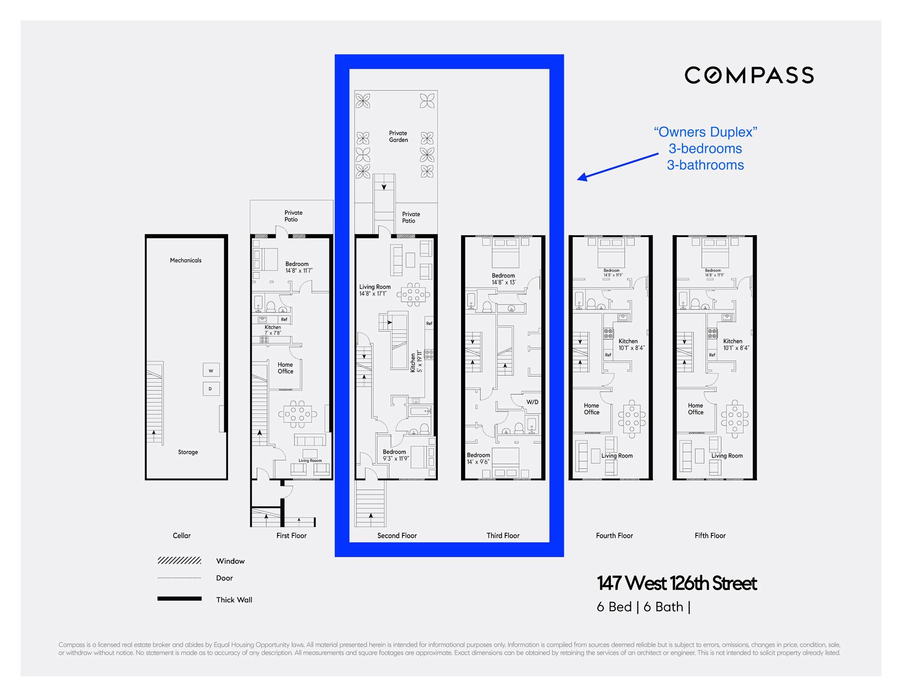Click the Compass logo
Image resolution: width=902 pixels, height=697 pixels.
[x=749, y=75]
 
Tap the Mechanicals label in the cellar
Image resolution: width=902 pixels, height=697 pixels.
[x=185, y=260]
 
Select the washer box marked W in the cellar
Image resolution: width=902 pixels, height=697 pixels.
[x=211, y=370]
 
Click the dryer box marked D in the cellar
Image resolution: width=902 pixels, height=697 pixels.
[x=211, y=389]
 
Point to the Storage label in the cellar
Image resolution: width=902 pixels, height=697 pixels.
[x=188, y=452]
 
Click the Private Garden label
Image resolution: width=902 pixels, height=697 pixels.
[x=398, y=136]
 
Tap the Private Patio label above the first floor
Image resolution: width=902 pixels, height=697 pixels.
[x=293, y=216]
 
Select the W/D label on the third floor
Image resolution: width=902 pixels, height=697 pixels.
[x=532, y=402]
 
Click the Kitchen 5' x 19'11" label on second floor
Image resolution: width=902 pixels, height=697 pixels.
[x=416, y=362]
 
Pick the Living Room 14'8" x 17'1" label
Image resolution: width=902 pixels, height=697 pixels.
[x=374, y=290]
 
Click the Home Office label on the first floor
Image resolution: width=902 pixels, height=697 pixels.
[x=285, y=368]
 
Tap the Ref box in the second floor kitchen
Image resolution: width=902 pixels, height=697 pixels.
[x=429, y=324]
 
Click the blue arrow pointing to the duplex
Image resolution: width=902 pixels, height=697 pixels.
[x=618, y=166]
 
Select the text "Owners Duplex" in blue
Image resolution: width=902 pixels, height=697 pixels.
[x=705, y=132]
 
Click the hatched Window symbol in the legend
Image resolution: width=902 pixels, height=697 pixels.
[x=179, y=561]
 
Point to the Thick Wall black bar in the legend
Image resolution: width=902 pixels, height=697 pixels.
[x=179, y=599]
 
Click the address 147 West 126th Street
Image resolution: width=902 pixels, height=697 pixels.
[x=676, y=583]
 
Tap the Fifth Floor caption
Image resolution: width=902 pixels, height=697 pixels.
[x=710, y=535]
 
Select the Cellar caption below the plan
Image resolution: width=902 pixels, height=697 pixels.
[x=181, y=535]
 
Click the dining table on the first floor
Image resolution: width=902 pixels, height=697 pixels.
[x=298, y=414]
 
